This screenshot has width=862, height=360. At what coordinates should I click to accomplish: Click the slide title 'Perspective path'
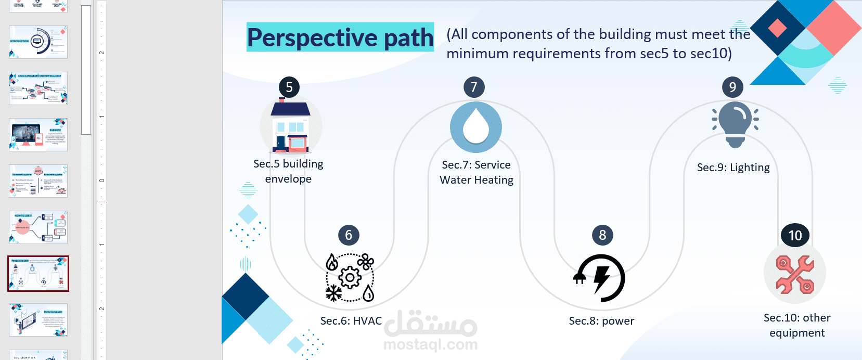pos(340,37)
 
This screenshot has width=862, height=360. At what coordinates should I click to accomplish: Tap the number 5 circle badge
pos(289,87)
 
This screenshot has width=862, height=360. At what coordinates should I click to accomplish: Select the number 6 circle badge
pos(349,235)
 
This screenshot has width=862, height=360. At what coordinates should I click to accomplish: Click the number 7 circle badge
pos(474,87)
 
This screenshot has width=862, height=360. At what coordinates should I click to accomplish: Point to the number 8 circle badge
pos(602,235)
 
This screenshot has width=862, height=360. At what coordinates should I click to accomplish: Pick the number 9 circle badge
pos(732,87)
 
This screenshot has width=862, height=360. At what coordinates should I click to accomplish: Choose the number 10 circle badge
pos(795,236)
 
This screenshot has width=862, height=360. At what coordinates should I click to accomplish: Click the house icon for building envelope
pos(291,126)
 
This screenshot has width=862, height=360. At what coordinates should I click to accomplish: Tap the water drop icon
pos(475,127)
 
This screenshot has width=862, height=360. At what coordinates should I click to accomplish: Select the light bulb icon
pos(735,124)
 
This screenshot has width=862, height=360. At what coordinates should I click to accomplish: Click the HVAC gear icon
pos(350,278)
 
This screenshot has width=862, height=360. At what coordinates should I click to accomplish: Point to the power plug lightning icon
pos(600,278)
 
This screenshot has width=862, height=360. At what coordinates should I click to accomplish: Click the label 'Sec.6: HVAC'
pos(351,321)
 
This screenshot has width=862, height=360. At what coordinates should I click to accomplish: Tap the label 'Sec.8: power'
pos(601,321)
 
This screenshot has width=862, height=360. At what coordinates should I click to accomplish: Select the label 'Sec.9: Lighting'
pos(733,168)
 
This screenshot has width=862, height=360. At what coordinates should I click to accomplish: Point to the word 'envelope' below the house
pos(288,179)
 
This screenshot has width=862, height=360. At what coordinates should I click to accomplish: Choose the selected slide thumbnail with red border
pos(38,274)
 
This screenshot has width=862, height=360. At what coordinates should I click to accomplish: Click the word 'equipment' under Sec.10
pos(797,333)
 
